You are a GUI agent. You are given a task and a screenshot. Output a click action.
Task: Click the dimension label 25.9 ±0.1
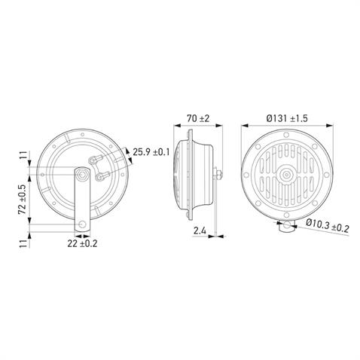click(151, 153)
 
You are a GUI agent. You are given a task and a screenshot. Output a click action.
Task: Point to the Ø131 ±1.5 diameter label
click(288, 118)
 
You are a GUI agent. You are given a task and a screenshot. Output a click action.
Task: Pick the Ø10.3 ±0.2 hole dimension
click(328, 225)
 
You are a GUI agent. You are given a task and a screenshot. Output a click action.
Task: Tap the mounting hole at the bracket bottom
click(80, 224)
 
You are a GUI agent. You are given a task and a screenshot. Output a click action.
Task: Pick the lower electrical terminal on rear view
click(99, 178)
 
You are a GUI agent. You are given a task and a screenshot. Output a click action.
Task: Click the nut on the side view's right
click(216, 175)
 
